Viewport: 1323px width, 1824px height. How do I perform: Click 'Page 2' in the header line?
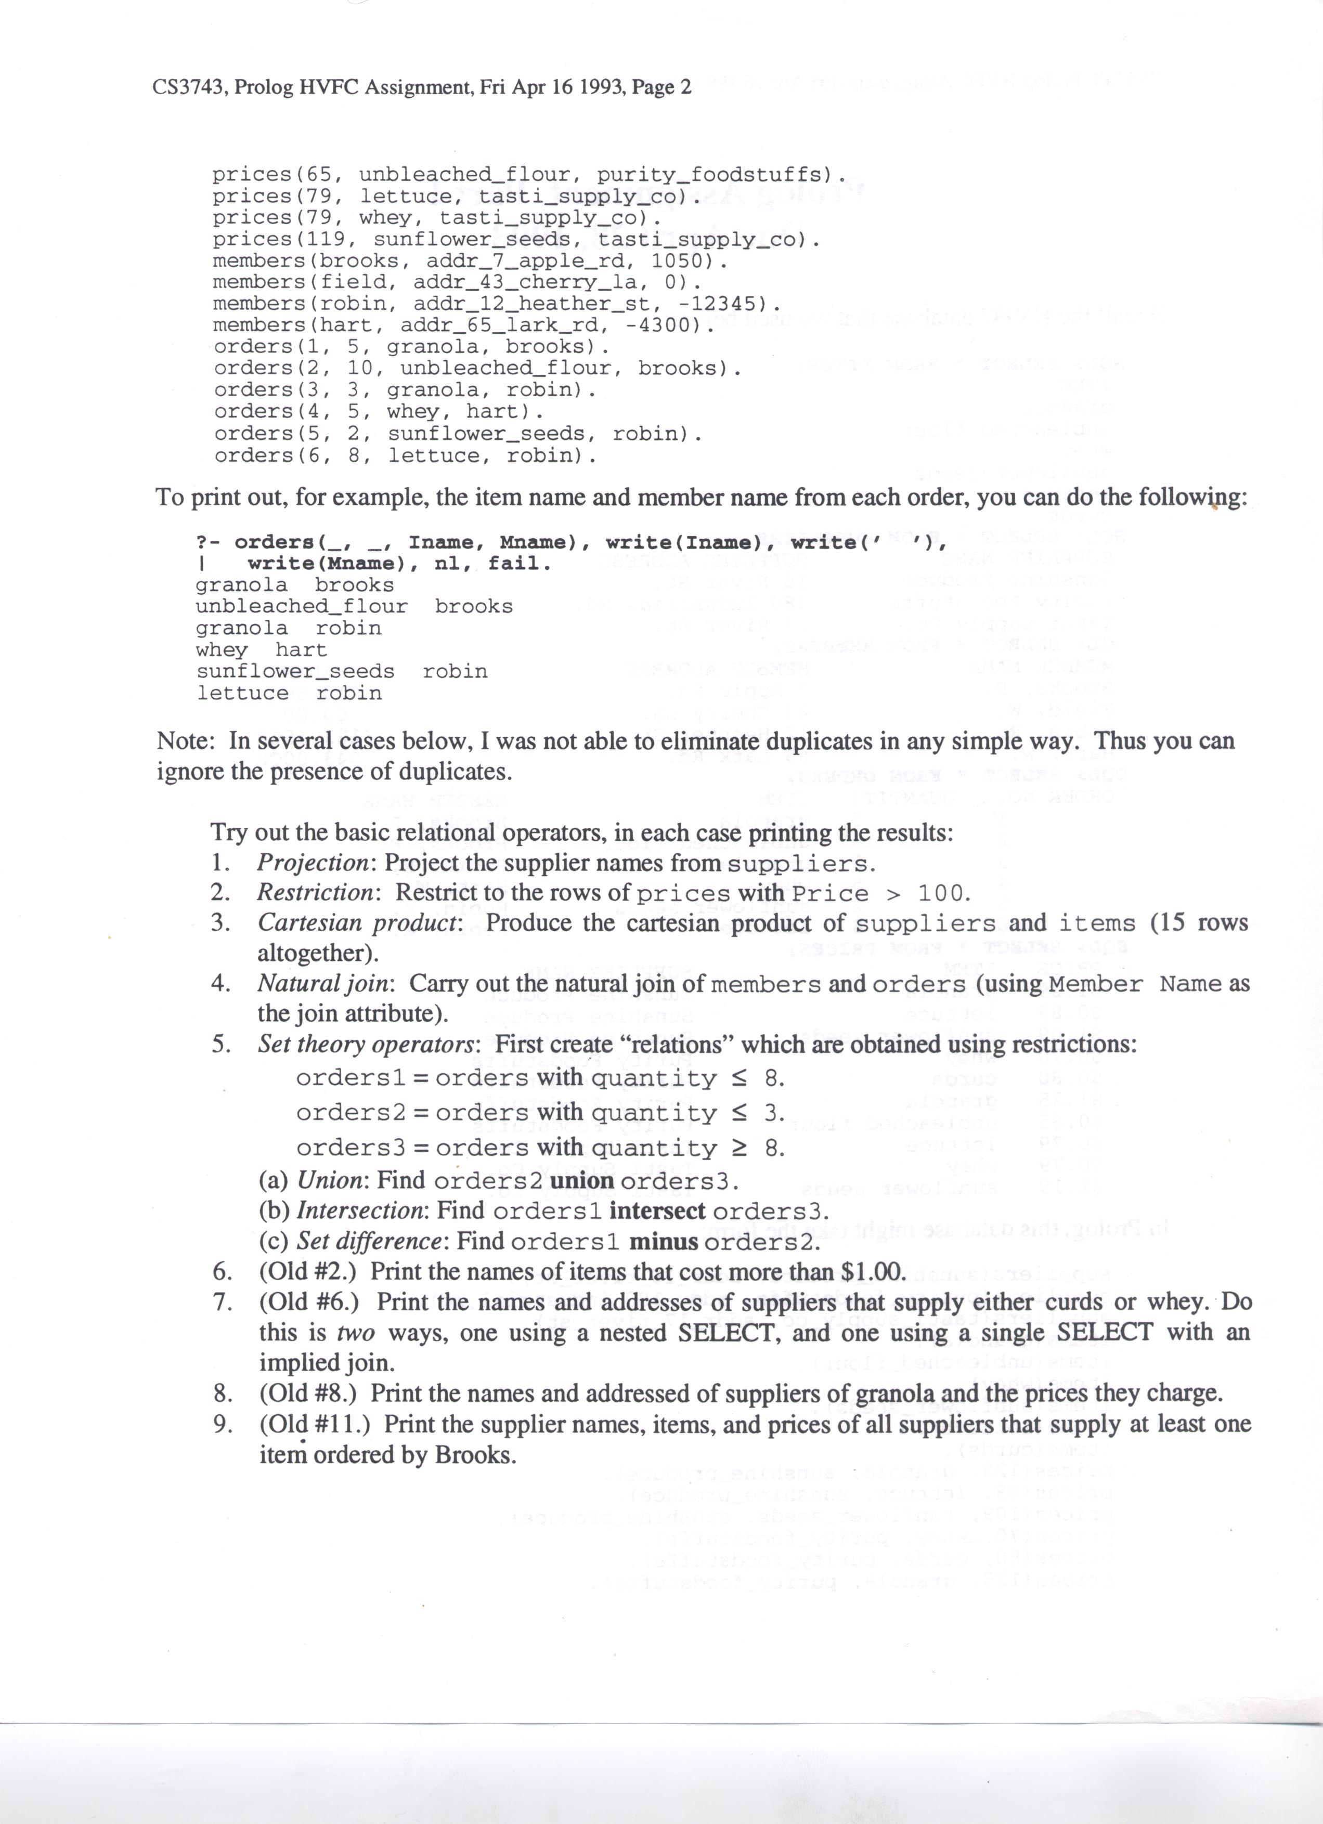coord(661,87)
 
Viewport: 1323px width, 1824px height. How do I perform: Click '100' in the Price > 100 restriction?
coord(943,893)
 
